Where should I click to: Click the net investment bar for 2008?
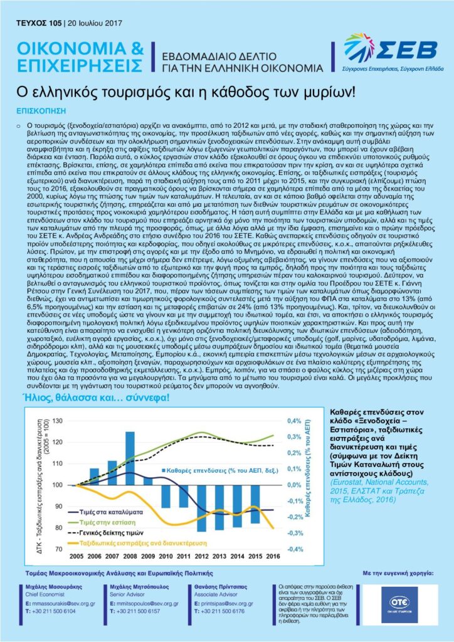click(x=130, y=458)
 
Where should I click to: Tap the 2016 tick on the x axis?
click(x=274, y=555)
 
